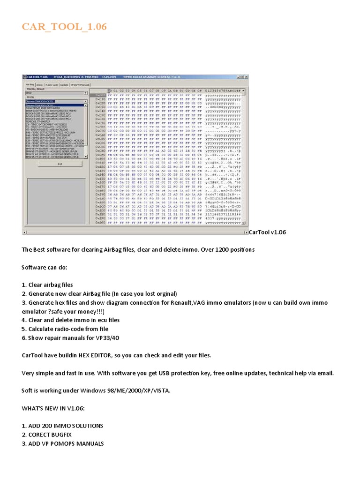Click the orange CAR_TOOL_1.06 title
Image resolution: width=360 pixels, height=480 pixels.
pyautogui.click(x=64, y=27)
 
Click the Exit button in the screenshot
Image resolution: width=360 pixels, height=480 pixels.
pyautogui.click(x=60, y=164)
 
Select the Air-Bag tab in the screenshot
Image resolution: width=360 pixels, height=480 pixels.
pyautogui.click(x=30, y=85)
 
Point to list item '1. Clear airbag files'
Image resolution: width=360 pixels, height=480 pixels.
pyautogui.click(x=47, y=285)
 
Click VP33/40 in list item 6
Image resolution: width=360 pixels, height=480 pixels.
pyautogui.click(x=110, y=338)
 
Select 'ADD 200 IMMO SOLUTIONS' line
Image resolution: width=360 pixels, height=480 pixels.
pyautogui.click(x=62, y=426)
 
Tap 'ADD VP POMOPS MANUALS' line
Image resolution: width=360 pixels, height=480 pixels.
pyautogui.click(x=63, y=443)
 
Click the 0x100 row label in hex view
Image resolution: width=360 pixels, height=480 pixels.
pyautogui.click(x=100, y=159)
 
